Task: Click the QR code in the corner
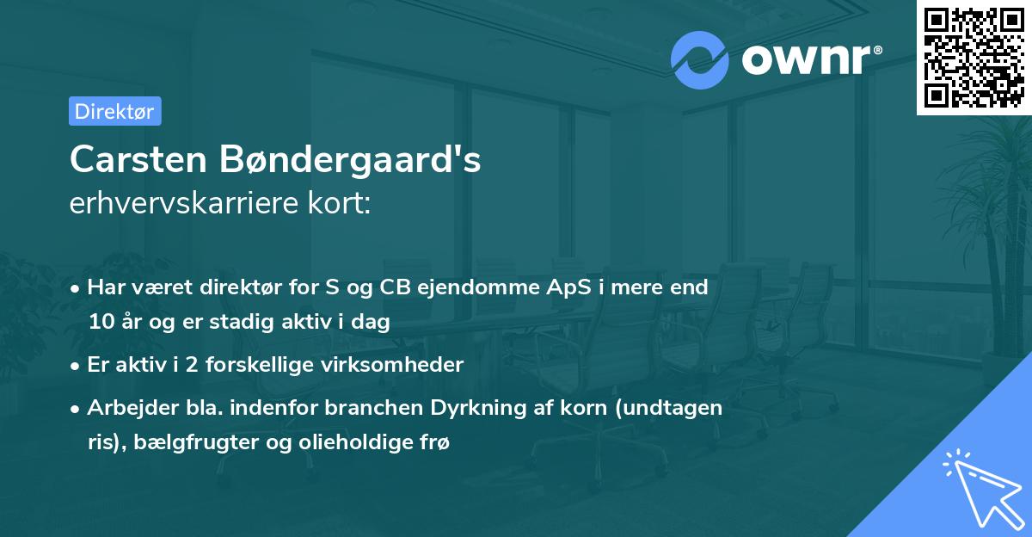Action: (x=974, y=57)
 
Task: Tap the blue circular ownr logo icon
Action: (x=699, y=60)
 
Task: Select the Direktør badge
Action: (x=114, y=111)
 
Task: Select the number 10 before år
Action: (x=100, y=323)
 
